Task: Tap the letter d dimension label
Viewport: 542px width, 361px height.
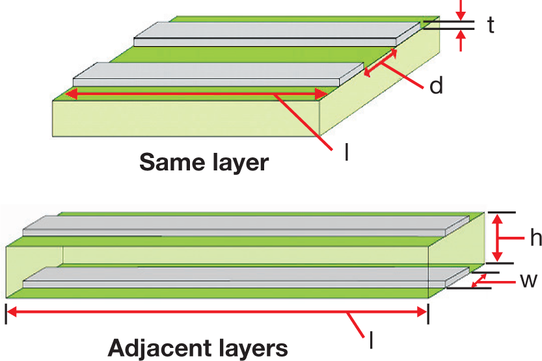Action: click(x=437, y=85)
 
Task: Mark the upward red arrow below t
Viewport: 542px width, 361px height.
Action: click(x=461, y=41)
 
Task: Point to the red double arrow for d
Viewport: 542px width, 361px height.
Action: click(x=380, y=64)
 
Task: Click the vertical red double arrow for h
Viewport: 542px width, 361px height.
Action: click(x=500, y=238)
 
